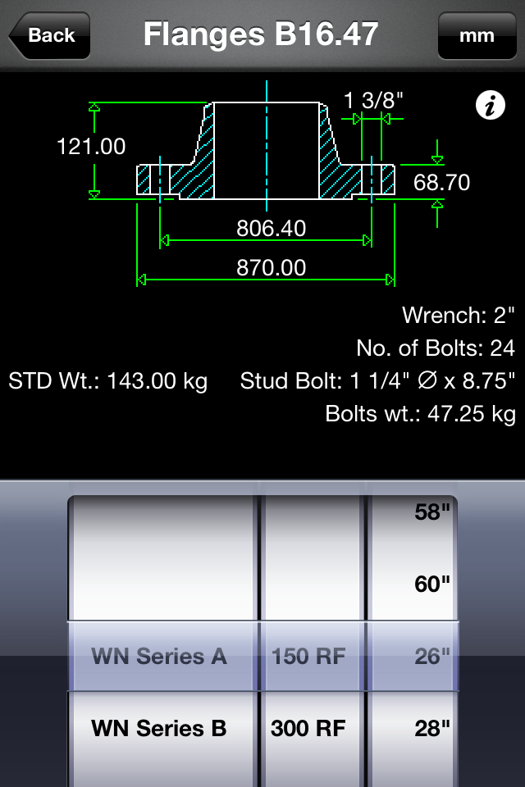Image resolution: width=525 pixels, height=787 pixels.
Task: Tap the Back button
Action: [x=49, y=35]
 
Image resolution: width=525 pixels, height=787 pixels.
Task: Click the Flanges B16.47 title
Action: [x=261, y=34]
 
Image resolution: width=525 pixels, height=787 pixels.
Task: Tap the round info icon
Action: [x=490, y=106]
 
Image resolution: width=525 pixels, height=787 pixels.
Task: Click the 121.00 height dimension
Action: [x=91, y=147]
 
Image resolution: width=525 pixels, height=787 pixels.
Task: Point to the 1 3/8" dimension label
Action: [x=373, y=100]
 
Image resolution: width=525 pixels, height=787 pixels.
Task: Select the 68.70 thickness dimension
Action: [x=441, y=182]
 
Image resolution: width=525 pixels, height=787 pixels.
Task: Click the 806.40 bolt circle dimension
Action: [x=271, y=228]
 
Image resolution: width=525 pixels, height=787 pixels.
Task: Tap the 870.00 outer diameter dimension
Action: [x=271, y=267]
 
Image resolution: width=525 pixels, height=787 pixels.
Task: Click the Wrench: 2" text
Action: [x=458, y=315]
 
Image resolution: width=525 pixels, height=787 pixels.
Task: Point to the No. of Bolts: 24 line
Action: [x=435, y=348]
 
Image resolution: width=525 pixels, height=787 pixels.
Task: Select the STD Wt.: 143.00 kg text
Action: [x=108, y=381]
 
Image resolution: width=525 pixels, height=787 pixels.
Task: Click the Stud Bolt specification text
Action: [x=377, y=381]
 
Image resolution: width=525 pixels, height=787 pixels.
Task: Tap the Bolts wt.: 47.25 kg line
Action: [x=420, y=414]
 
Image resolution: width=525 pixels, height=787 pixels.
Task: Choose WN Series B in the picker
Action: [x=159, y=728]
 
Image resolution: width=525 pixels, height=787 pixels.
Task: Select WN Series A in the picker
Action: [x=159, y=656]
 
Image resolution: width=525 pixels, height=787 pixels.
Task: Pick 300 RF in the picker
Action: [x=308, y=728]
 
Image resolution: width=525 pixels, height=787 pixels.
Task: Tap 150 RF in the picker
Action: [x=308, y=656]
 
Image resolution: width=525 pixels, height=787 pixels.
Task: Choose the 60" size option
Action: [x=433, y=585]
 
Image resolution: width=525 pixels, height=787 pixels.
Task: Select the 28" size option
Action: [x=433, y=728]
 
